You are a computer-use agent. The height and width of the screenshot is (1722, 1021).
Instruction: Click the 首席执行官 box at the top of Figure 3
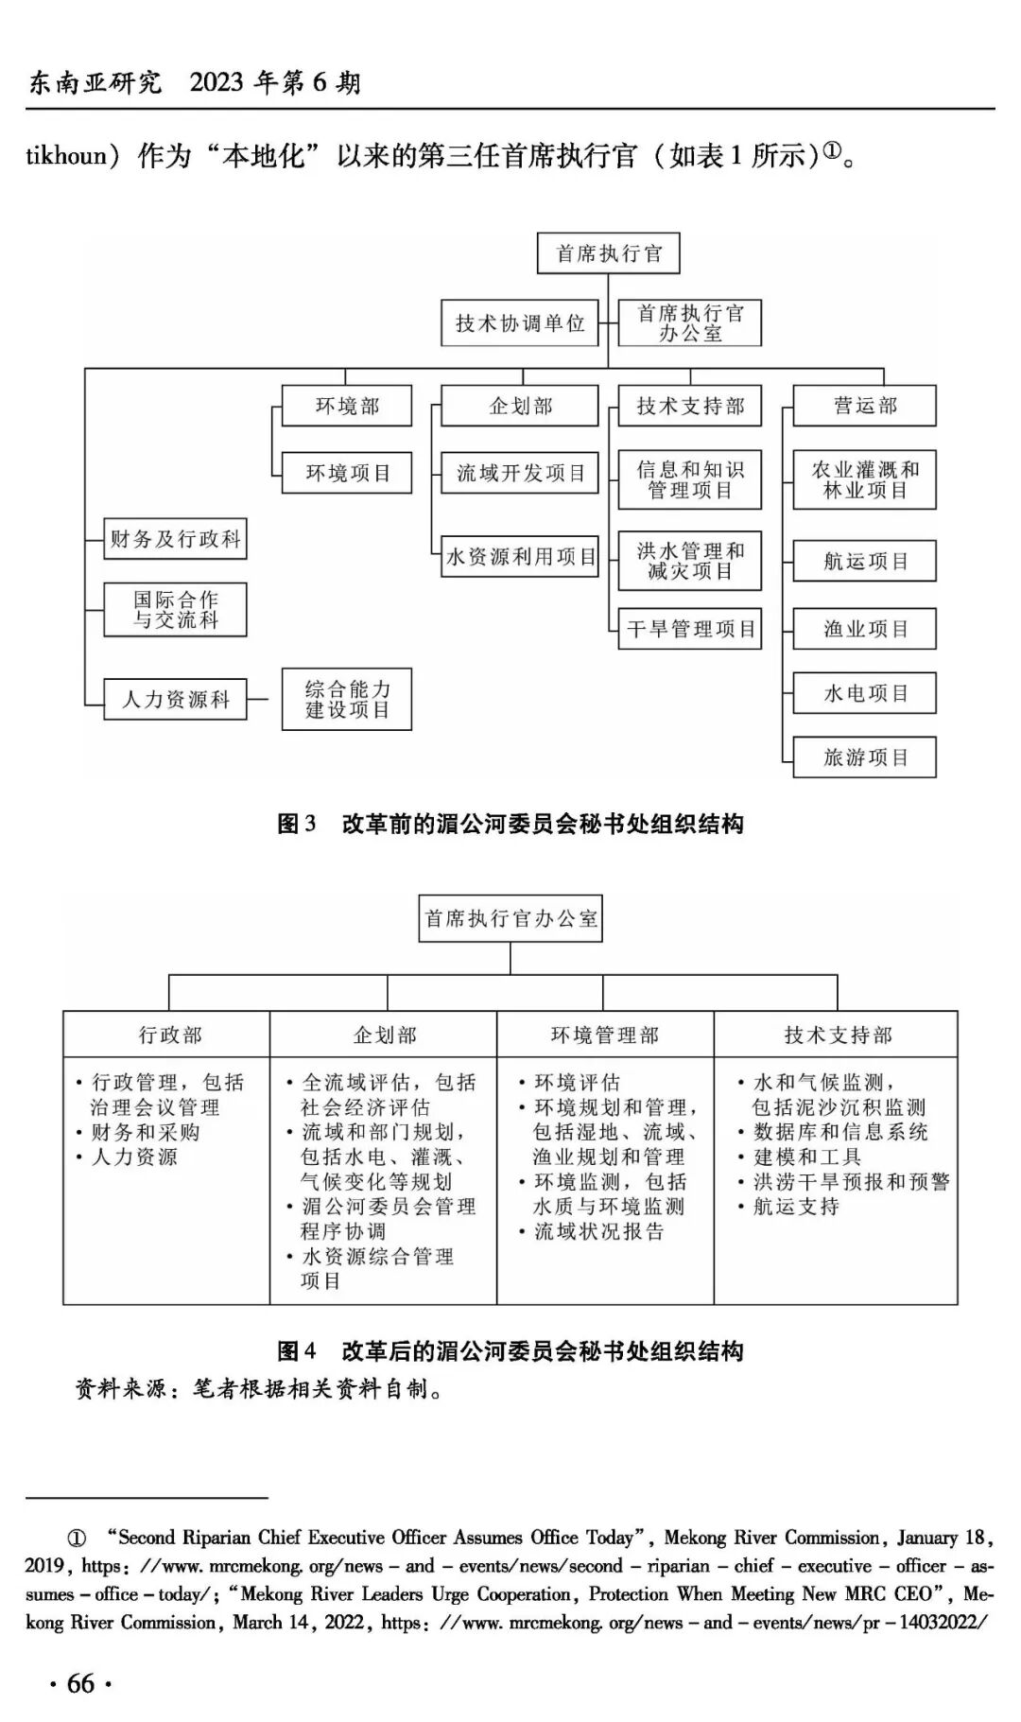[x=608, y=253]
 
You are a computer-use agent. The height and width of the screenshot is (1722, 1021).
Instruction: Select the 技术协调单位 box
[x=520, y=323]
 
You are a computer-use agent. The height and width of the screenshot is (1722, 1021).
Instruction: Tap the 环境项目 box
[x=347, y=473]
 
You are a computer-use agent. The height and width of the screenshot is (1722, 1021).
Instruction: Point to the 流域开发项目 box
[x=520, y=473]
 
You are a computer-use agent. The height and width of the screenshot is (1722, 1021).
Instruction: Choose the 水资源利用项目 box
[x=520, y=557]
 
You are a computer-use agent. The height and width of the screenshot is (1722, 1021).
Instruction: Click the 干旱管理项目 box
[x=690, y=629]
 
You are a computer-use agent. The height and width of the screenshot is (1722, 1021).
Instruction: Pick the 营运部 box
[x=864, y=406]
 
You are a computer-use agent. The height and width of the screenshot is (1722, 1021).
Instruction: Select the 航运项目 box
[x=864, y=561]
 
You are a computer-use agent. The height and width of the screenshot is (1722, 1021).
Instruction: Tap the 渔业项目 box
[x=864, y=629]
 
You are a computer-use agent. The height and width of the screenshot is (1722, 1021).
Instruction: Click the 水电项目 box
[x=864, y=693]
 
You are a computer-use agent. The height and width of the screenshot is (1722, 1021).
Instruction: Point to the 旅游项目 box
[x=864, y=757]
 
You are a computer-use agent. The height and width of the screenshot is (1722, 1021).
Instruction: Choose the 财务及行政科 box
[x=176, y=539]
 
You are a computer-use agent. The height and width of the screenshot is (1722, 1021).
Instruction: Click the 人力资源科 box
[x=176, y=700]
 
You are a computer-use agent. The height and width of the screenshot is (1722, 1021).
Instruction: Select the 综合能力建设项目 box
[x=347, y=700]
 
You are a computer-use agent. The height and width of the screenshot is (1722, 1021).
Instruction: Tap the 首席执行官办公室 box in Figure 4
[x=510, y=918]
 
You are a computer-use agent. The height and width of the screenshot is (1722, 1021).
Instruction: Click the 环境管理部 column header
[x=605, y=1035]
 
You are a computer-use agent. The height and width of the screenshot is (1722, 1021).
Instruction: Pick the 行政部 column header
[x=170, y=1035]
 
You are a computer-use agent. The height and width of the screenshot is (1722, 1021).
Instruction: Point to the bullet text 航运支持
[x=796, y=1207]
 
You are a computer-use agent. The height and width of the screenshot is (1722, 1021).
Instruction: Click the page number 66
[x=80, y=1683]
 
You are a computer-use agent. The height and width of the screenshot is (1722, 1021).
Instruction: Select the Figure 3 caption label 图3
[x=296, y=824]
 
